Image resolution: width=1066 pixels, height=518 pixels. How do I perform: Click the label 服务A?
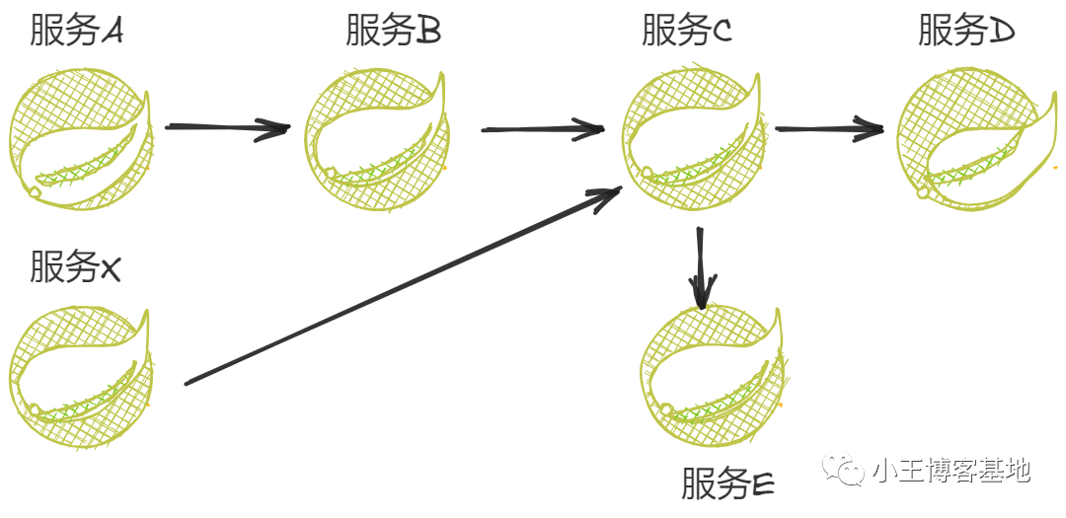[77, 33]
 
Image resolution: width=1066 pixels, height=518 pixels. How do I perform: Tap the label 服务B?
[393, 33]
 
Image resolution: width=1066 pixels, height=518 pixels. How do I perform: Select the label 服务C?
[687, 33]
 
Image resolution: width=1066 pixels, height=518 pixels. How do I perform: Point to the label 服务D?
[966, 33]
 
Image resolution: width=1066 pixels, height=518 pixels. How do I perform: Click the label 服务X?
[75, 266]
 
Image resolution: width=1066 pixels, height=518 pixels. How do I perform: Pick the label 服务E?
[728, 483]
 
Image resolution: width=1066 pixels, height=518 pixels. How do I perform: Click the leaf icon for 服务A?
[82, 138]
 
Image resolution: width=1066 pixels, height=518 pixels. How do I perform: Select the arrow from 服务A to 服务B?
[227, 127]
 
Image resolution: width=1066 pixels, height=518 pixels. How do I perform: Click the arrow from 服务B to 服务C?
[542, 129]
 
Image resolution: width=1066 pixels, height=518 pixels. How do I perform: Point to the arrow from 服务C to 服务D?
[829, 127]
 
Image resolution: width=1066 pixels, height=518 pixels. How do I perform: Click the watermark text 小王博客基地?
[952, 471]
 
